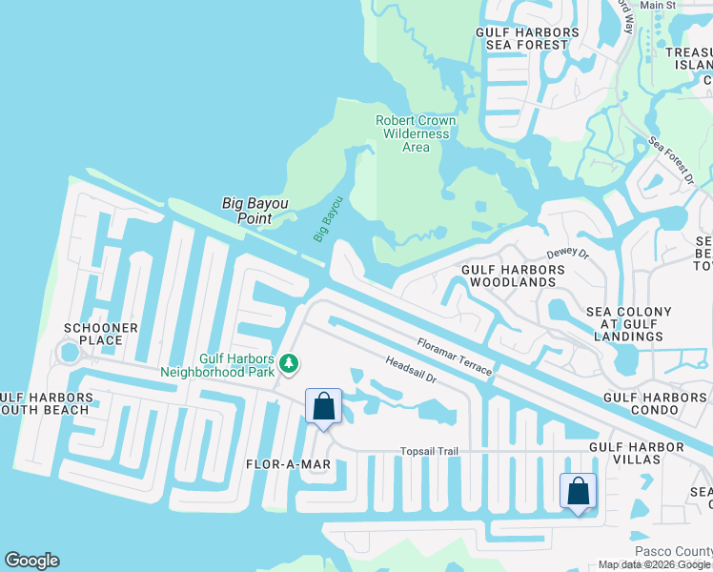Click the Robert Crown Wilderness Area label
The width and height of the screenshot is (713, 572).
point(416,133)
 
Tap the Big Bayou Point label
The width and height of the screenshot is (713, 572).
point(255,210)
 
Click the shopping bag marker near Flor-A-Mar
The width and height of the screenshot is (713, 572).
point(324,407)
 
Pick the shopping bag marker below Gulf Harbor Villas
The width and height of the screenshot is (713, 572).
point(578,492)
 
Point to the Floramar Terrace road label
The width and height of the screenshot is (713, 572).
point(454,355)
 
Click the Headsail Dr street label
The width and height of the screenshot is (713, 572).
point(410,370)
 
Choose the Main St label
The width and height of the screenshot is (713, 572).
point(658,6)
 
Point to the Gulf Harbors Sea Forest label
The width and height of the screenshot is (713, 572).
point(527,38)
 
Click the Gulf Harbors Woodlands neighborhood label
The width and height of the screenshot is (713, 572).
point(513,276)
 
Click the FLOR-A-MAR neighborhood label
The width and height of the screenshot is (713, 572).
point(287,464)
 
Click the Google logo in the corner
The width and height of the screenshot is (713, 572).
point(31,561)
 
